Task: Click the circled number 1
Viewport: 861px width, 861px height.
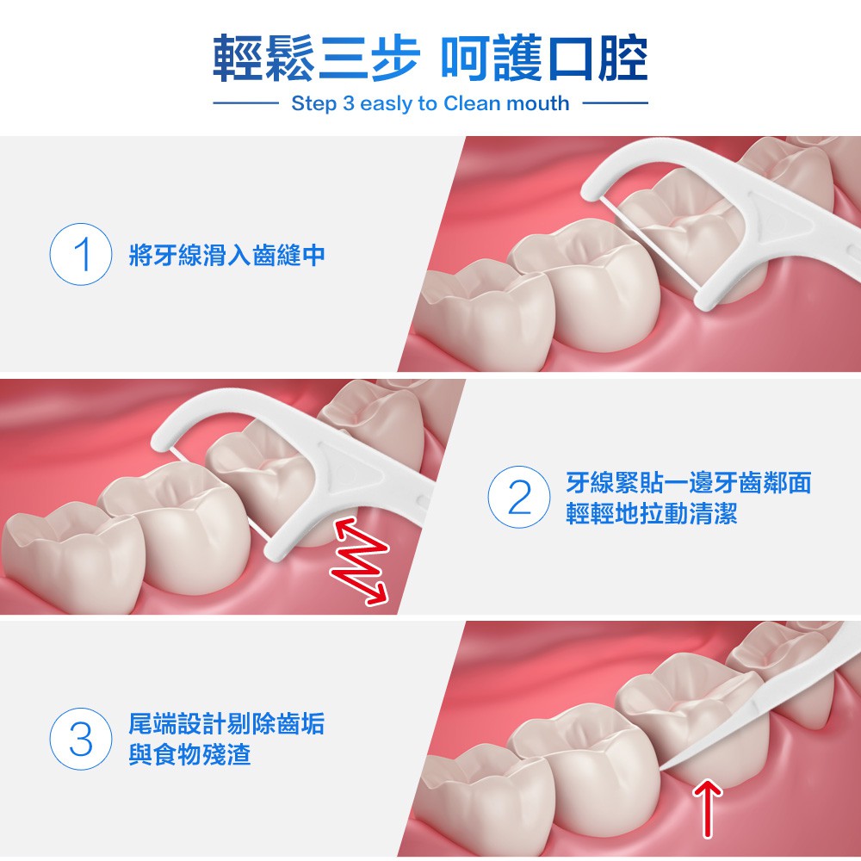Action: click(x=81, y=254)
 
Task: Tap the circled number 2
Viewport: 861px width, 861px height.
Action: click(x=519, y=497)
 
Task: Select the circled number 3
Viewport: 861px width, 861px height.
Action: click(x=81, y=739)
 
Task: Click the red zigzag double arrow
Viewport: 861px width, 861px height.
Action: click(x=360, y=561)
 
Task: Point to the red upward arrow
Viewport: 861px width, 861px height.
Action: click(x=708, y=808)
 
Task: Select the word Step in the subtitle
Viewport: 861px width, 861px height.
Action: click(x=313, y=104)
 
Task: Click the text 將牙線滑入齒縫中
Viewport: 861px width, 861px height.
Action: click(x=226, y=255)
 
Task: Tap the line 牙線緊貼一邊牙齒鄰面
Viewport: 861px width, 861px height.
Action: click(x=689, y=482)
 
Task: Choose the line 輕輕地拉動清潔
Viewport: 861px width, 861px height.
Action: click(x=652, y=513)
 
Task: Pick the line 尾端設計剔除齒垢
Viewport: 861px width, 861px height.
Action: click(x=226, y=723)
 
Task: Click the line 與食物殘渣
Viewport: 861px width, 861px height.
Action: click(x=189, y=754)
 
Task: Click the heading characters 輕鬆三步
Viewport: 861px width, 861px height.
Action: click(x=317, y=58)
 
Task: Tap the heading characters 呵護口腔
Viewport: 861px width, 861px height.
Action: click(x=544, y=58)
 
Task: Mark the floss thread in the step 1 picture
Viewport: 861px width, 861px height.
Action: click(x=649, y=243)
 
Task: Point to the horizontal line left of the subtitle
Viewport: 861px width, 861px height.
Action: click(x=245, y=102)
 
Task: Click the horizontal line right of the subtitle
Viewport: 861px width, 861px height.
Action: click(x=615, y=102)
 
